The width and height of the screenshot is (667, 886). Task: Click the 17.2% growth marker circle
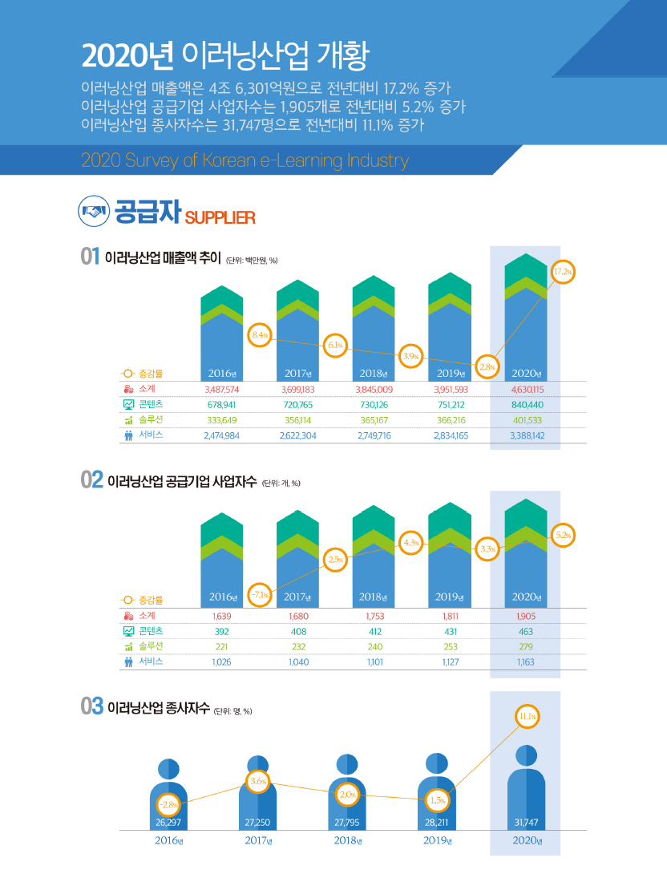(x=563, y=272)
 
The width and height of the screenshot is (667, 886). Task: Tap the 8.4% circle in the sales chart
(x=261, y=334)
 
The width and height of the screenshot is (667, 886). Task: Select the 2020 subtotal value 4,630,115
(x=528, y=389)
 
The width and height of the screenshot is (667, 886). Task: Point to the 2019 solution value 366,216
(x=450, y=419)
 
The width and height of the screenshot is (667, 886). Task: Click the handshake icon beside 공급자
(x=93, y=213)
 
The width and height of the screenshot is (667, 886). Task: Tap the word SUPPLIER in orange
(x=220, y=218)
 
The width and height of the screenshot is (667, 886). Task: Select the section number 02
(x=91, y=480)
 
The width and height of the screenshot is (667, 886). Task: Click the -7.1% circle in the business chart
(x=259, y=595)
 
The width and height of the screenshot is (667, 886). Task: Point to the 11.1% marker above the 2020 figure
(x=527, y=715)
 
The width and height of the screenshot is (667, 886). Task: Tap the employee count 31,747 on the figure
(x=526, y=822)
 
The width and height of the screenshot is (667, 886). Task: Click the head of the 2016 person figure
(x=169, y=768)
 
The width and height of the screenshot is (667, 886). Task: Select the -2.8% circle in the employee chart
(x=169, y=803)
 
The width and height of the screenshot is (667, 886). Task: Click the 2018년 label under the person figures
(x=349, y=841)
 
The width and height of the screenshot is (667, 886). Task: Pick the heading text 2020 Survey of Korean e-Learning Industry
(x=245, y=160)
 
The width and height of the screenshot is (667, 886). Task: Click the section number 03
(x=91, y=706)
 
